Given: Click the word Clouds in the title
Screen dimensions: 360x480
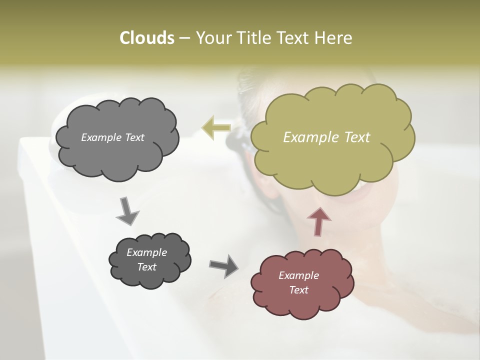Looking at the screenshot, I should point(146,38).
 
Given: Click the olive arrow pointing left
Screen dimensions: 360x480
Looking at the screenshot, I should point(216,127).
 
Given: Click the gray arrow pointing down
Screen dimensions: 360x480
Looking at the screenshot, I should point(127,210).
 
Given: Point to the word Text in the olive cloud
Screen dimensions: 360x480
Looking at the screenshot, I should point(357,137).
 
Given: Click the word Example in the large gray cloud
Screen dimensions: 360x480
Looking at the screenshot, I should point(101,137).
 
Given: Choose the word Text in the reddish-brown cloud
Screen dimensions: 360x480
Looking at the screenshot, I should point(298,290).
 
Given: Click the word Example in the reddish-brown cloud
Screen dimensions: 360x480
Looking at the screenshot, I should point(298,275).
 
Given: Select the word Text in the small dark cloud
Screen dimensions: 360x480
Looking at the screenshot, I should point(146,267).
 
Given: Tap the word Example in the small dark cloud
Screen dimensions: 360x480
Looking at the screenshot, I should point(146,252).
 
